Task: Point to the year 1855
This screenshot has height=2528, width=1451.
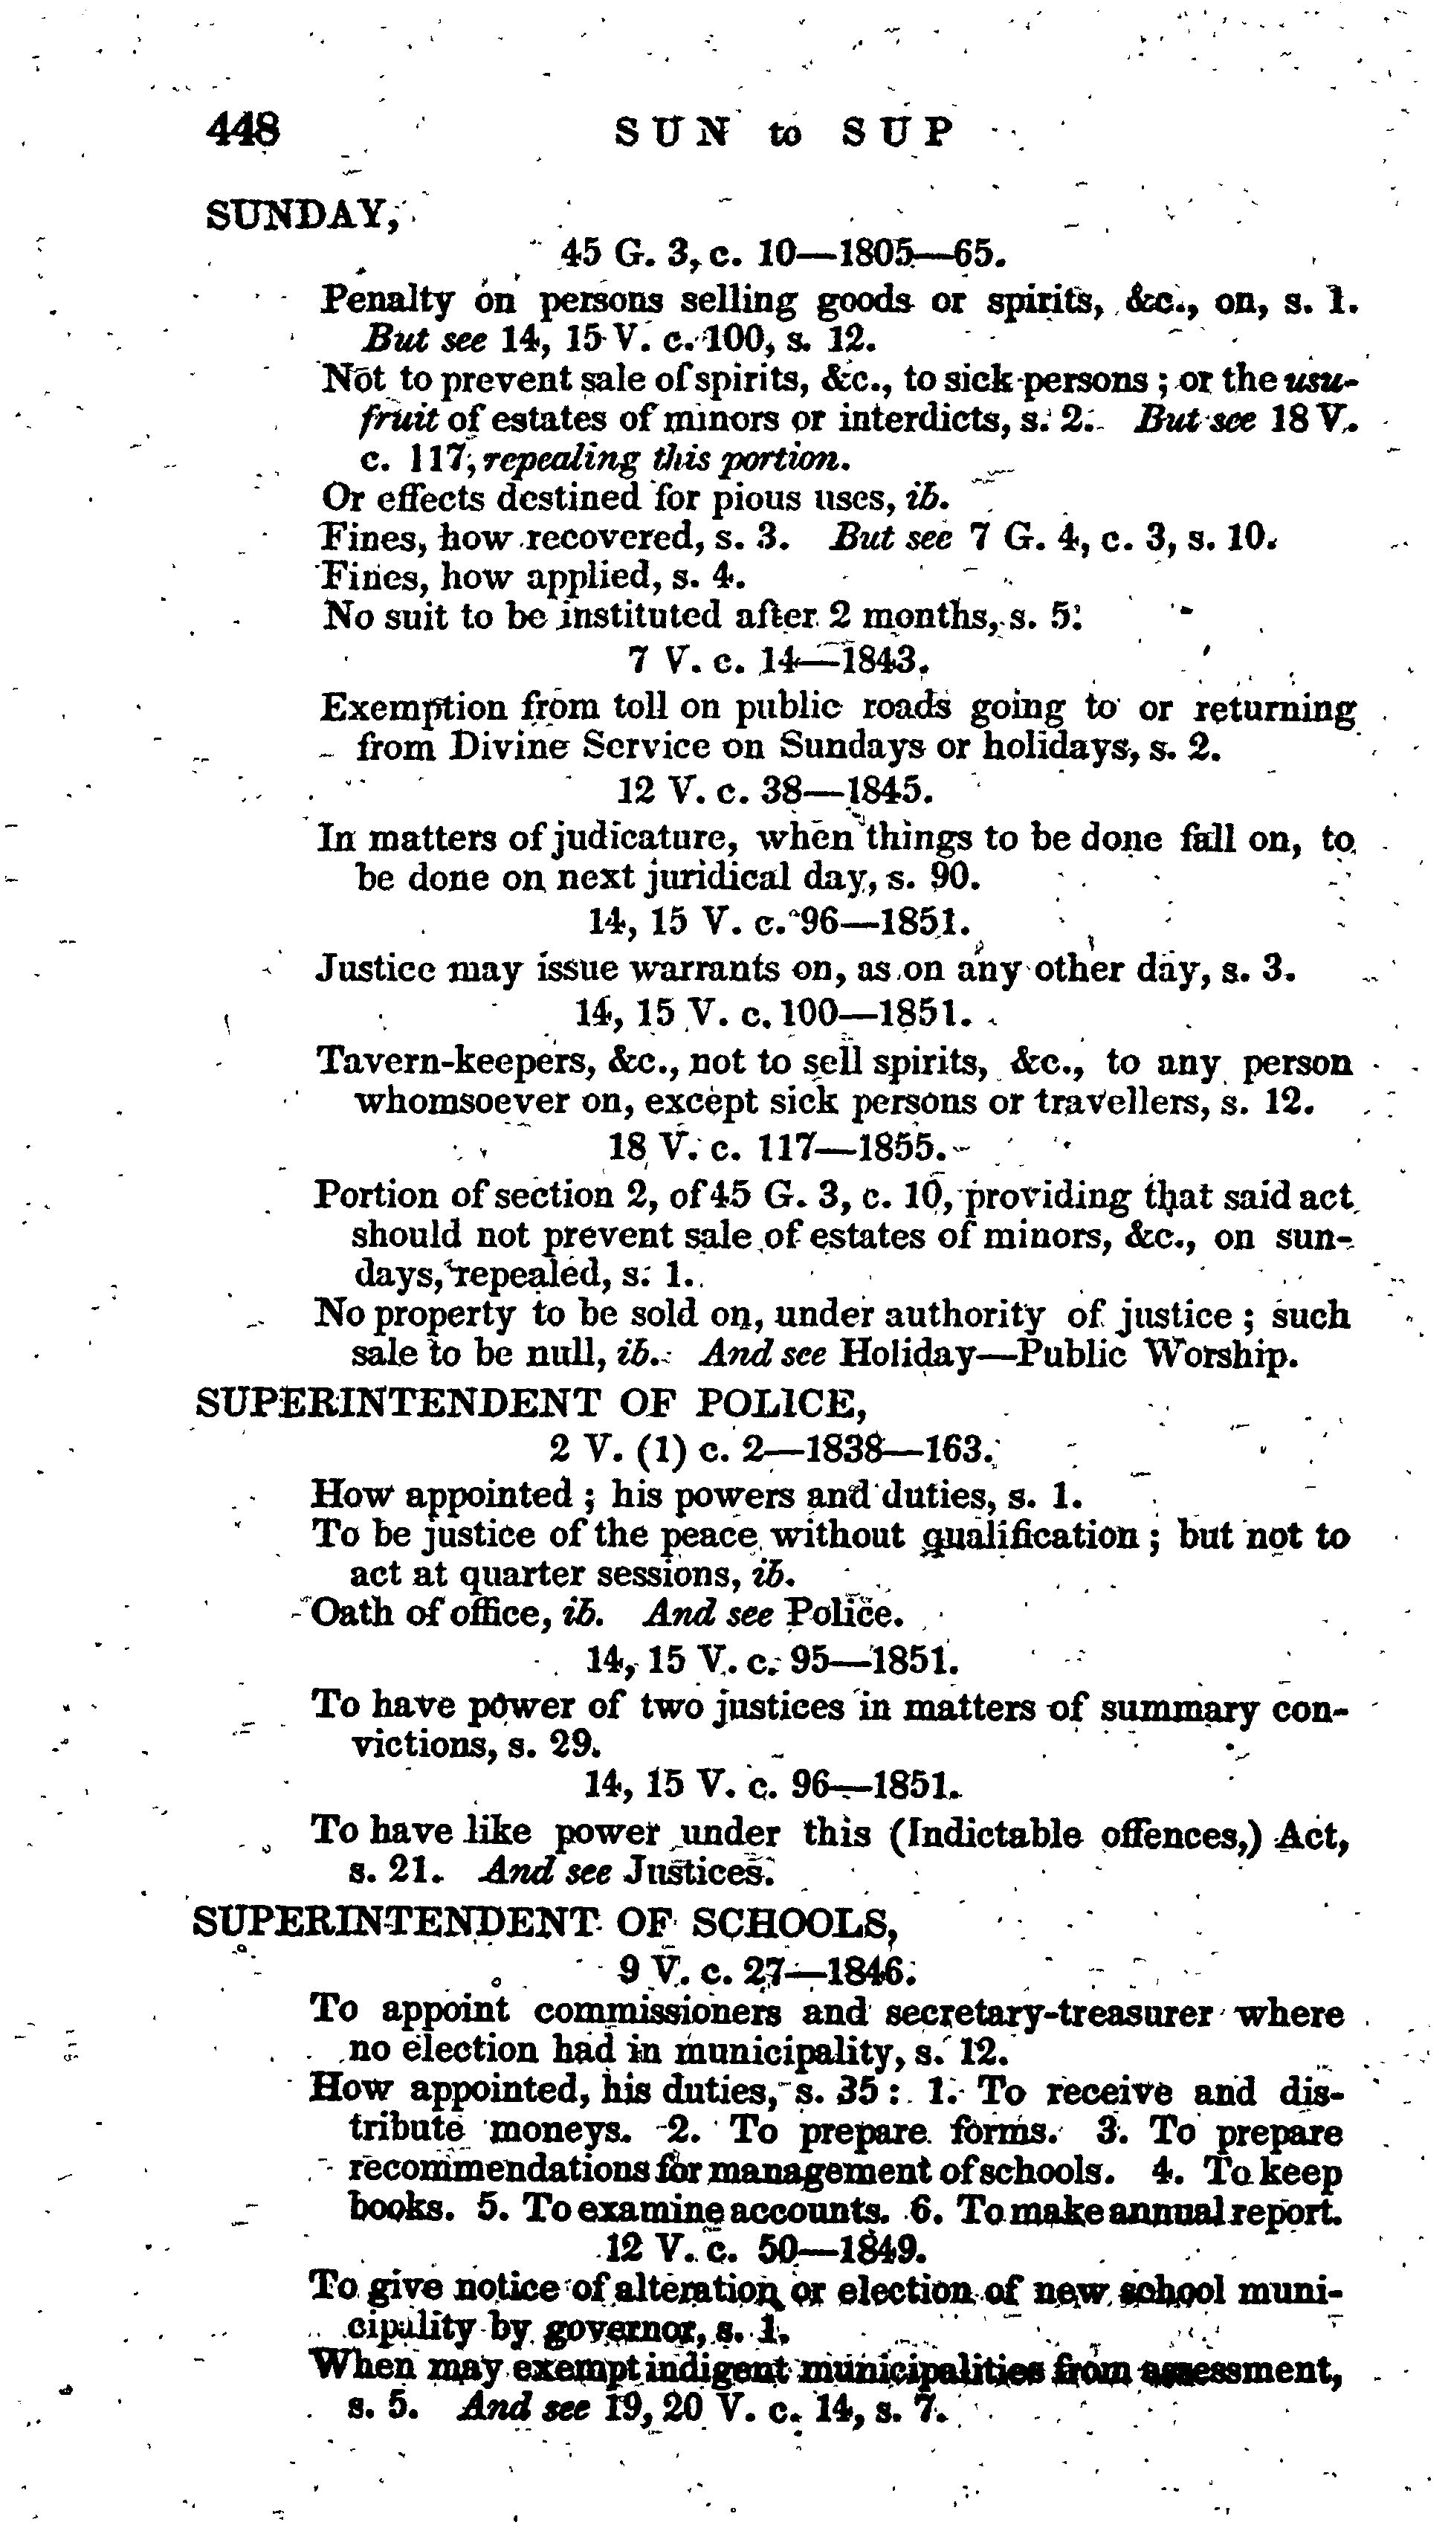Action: coord(900,1149)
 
